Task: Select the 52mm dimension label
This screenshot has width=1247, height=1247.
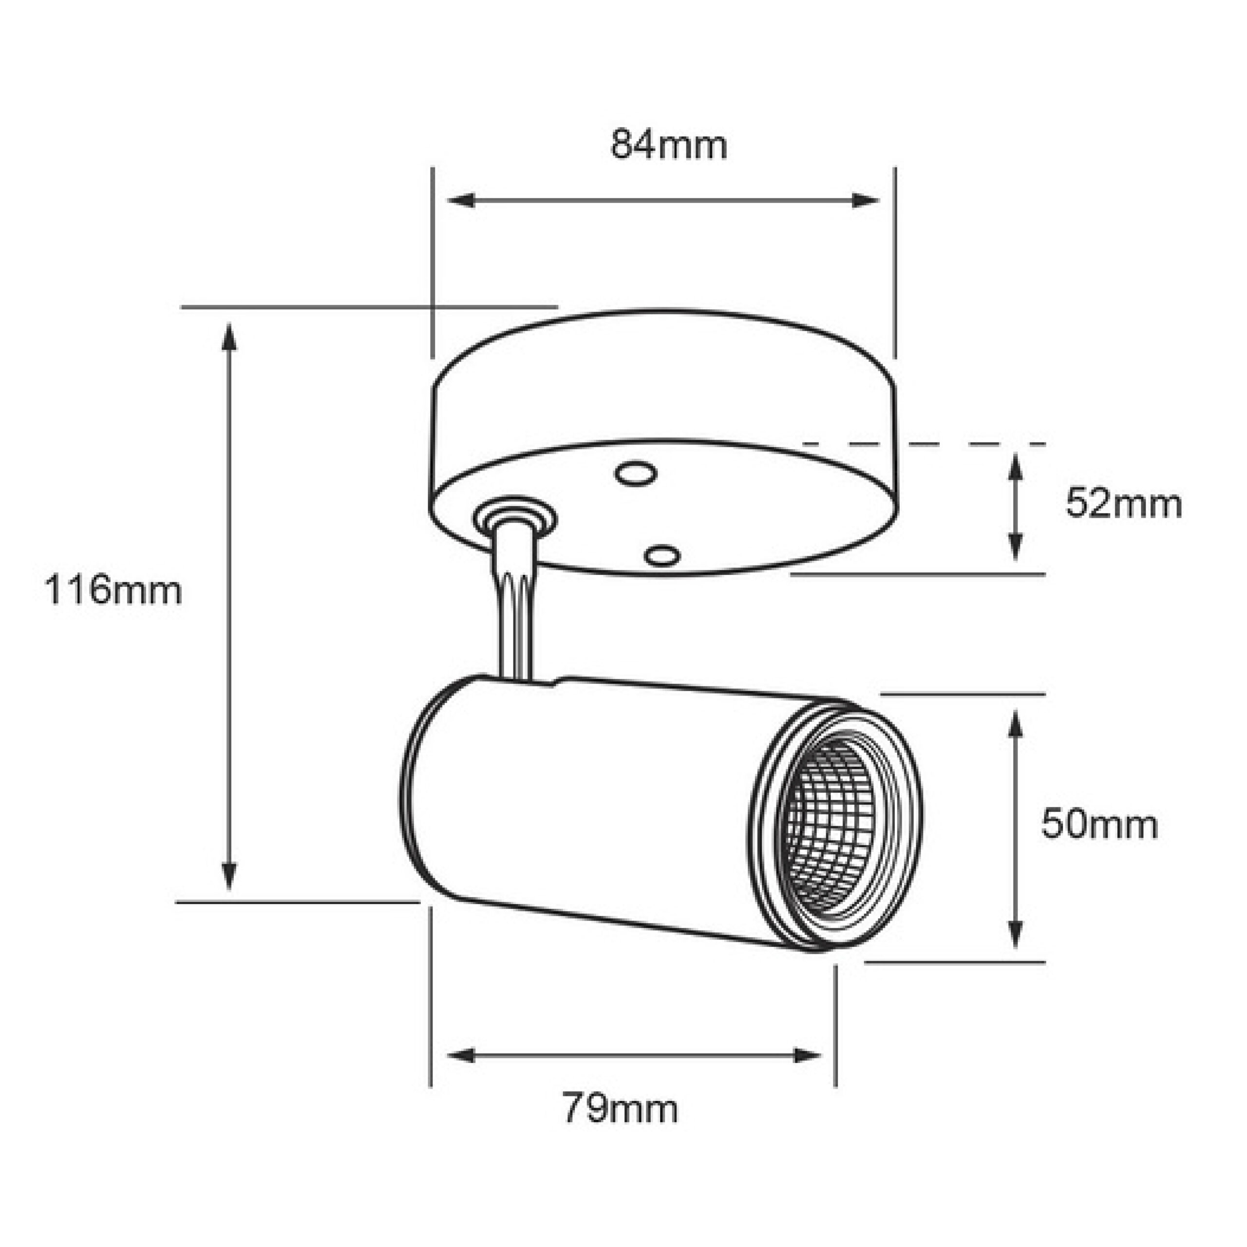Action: [1124, 504]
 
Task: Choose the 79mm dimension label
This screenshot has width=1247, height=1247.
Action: [620, 1108]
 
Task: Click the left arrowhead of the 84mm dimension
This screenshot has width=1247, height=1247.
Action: [461, 200]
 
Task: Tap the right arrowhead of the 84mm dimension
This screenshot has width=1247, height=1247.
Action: [866, 200]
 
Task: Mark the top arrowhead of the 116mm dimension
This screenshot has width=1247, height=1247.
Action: [229, 337]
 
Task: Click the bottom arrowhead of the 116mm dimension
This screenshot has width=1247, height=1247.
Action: [229, 876]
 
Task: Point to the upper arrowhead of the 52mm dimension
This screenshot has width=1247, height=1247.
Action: [1016, 467]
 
